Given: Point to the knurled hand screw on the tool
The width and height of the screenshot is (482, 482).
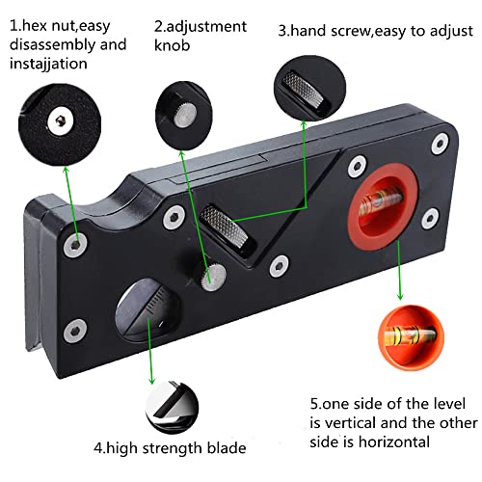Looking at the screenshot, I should (x=229, y=228).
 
